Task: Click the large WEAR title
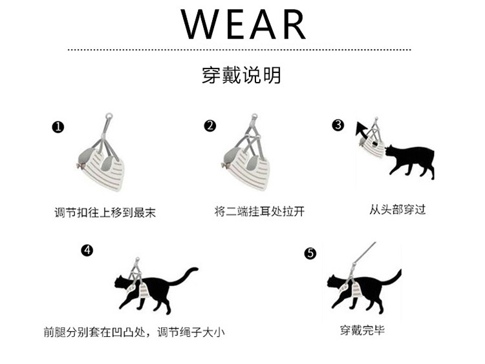click(243, 24)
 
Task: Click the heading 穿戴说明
click(241, 75)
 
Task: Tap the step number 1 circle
click(58, 127)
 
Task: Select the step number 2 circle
click(210, 126)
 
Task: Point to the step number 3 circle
click(338, 125)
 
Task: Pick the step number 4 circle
click(87, 250)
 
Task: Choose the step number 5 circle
click(310, 254)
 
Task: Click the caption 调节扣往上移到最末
click(105, 213)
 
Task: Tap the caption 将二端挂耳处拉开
click(259, 212)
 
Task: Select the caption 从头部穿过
click(398, 210)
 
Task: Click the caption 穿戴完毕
click(362, 330)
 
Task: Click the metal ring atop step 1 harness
click(109, 116)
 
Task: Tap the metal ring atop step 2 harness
click(254, 117)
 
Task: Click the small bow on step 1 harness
click(81, 166)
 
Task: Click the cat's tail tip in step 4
click(195, 269)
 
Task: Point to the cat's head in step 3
click(391, 150)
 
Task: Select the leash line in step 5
click(365, 252)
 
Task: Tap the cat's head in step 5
click(334, 281)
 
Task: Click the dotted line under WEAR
click(239, 50)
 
